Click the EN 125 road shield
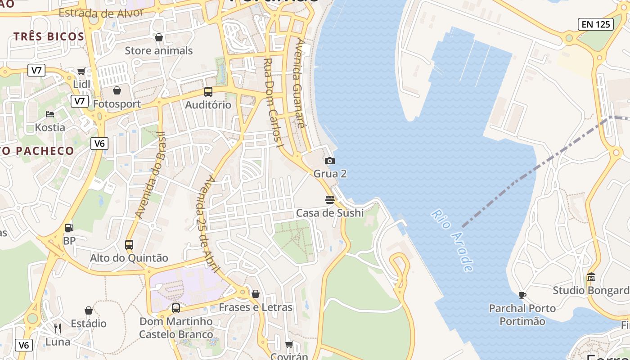(596, 24)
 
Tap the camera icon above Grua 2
(330, 161)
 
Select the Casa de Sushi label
(330, 213)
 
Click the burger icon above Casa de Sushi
(330, 199)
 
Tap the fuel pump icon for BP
(69, 228)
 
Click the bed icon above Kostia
(50, 114)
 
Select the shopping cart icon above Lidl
(81, 71)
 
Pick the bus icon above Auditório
(208, 92)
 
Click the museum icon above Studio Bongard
(591, 277)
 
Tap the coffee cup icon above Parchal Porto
(522, 295)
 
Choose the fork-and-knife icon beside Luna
(57, 328)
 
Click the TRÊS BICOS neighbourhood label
(49, 36)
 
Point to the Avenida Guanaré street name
(298, 83)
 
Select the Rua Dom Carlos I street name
(273, 103)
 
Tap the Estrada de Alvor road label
(101, 13)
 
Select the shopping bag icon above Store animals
(159, 37)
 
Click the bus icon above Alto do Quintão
(129, 245)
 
